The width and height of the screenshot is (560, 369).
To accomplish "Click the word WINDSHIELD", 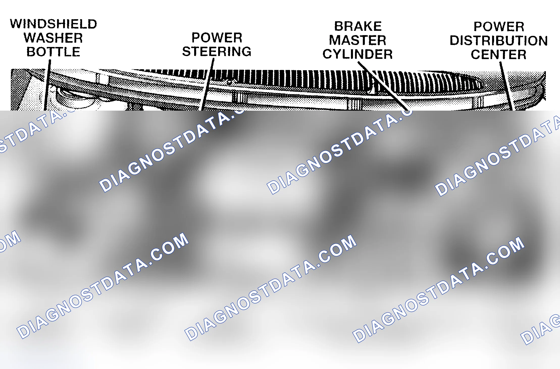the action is (53, 24).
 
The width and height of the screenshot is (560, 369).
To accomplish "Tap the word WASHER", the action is (53, 38).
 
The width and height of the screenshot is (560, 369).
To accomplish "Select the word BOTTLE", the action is (53, 52).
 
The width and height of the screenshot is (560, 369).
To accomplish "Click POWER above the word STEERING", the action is (217, 38).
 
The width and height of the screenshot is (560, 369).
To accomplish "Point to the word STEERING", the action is (217, 52).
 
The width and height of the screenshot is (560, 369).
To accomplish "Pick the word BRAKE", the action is (358, 26).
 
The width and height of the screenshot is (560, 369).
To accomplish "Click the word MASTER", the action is (358, 40).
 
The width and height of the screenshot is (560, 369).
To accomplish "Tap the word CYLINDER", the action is (358, 54).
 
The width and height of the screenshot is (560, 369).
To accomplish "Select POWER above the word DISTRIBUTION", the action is (499, 27).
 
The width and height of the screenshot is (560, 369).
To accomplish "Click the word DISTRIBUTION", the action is (499, 41).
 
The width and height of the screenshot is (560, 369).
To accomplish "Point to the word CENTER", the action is (499, 55).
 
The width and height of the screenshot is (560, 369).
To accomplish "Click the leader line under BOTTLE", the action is (47, 85).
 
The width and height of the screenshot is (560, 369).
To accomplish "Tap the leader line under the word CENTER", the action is (506, 86).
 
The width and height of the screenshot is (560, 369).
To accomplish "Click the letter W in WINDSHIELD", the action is (16, 24).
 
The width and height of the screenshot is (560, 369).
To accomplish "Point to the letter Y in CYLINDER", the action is (338, 54).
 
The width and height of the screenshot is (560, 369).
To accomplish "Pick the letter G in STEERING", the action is (246, 52).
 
